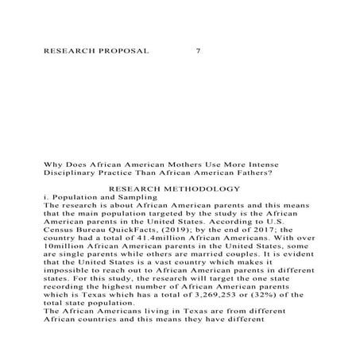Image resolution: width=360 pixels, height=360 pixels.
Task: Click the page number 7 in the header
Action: click(198, 51)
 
